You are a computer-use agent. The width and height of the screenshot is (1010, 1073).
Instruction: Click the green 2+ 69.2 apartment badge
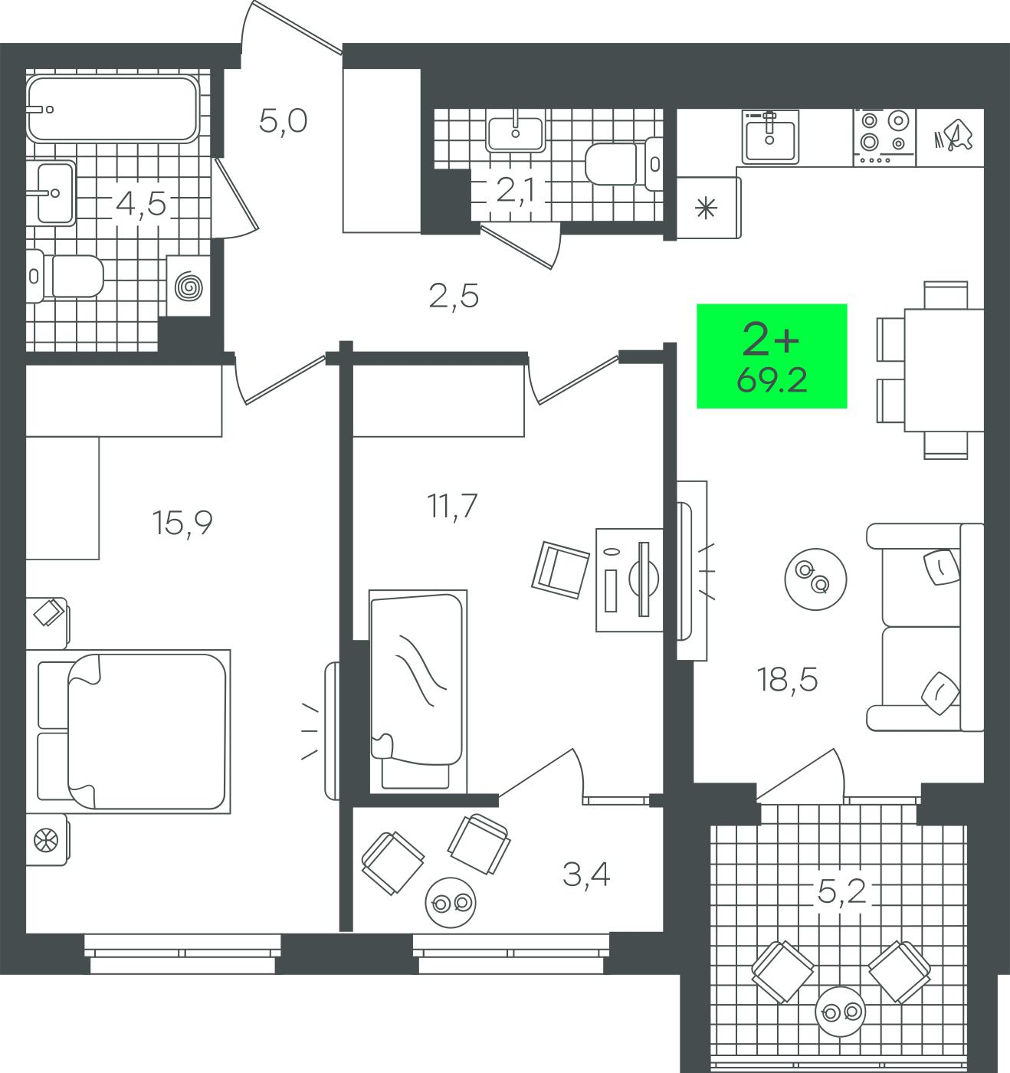[x=772, y=356]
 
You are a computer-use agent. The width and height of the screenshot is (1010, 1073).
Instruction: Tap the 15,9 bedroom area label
[x=182, y=523]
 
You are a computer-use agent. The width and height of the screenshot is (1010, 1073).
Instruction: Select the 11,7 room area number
[x=452, y=507]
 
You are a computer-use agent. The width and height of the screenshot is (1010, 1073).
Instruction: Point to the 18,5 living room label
[x=787, y=680]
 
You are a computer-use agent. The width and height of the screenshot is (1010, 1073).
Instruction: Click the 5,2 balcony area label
[x=842, y=892]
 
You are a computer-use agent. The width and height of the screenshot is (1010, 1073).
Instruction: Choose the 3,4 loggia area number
[x=586, y=874]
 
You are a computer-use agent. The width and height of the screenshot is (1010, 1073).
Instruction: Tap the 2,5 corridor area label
[x=454, y=297]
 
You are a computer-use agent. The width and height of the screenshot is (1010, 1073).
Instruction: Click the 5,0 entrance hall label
[x=284, y=121]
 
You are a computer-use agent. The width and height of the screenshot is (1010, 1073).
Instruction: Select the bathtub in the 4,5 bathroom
[x=113, y=109]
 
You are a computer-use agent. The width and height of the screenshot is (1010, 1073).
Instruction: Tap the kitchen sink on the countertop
[x=770, y=136]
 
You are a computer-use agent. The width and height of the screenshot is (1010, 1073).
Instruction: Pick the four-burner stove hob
[x=884, y=137]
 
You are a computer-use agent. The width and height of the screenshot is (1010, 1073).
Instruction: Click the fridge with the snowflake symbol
[x=708, y=208]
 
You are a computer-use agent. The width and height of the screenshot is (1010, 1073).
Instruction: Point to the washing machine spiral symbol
[x=189, y=287]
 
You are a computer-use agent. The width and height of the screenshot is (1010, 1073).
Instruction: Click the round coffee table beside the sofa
[x=815, y=579]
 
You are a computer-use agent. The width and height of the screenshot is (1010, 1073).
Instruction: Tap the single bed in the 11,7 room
[x=418, y=691]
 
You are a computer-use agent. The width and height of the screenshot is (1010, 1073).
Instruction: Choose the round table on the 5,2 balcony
[x=841, y=1012]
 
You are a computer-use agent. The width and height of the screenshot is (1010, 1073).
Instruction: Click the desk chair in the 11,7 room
[x=560, y=570]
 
